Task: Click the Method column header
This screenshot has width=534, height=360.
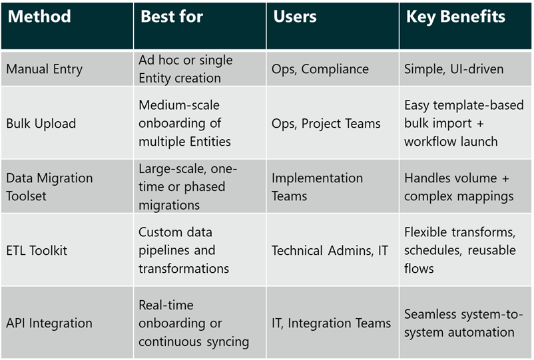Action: click(39, 17)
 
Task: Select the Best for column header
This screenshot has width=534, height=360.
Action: click(172, 17)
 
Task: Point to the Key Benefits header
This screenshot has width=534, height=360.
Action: click(455, 17)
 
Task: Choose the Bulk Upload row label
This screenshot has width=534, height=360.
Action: click(41, 123)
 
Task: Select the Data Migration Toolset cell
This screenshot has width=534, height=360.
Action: click(49, 186)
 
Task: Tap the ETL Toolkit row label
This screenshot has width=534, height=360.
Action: click(37, 250)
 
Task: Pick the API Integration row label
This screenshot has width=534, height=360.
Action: click(49, 323)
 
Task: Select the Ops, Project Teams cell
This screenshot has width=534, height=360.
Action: click(326, 123)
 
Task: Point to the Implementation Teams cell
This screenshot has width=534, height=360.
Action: click(317, 186)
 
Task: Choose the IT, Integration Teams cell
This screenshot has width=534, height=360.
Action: click(331, 323)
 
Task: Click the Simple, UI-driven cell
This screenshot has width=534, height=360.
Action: click(453, 69)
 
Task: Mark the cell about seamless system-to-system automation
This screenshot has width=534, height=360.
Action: click(459, 323)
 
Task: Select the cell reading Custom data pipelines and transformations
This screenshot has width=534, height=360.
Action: click(184, 250)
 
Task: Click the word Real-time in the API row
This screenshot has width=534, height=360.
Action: click(166, 305)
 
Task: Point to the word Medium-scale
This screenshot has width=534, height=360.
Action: click(179, 105)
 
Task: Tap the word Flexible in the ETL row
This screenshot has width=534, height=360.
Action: click(425, 232)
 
